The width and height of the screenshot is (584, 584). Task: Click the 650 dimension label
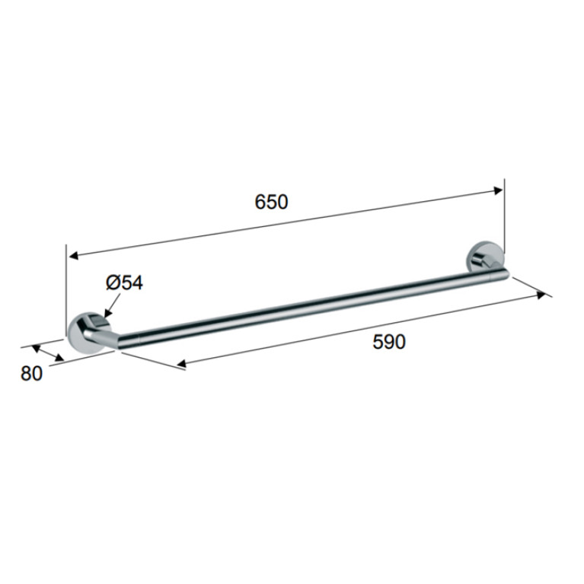271,202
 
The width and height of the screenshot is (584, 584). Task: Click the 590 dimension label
389,342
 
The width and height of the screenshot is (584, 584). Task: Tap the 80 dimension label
32,373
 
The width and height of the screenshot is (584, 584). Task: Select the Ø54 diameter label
124,282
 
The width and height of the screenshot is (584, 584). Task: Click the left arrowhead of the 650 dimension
73,256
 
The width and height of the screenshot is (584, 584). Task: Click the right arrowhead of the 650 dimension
498,190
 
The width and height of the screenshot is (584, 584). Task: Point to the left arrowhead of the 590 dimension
182,363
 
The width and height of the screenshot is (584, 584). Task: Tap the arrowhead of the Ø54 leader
107,313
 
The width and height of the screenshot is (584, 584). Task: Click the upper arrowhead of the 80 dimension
36,349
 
